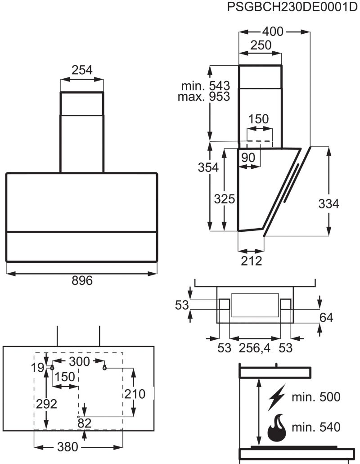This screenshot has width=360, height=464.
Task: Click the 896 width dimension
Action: coord(82,280)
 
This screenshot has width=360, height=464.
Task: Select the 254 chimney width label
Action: coord(82,70)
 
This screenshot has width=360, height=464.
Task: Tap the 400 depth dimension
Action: coord(273,32)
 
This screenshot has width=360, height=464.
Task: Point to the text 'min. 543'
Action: coord(206,86)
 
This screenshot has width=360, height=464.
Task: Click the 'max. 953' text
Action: coord(204,96)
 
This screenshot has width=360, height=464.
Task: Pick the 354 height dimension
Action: coord(208,167)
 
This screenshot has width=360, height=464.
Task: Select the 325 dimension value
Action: coord(225,199)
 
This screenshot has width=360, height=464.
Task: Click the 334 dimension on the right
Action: coord(328,203)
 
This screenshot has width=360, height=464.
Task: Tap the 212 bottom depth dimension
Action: coord(252,261)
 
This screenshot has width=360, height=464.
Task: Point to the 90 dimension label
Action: coord(248,158)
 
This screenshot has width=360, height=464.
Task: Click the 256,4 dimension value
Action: coord(254,348)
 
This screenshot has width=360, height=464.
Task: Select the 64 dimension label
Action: coord(326,318)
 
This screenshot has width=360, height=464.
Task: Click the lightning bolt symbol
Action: coord(277,397)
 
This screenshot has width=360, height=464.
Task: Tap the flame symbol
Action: coord(277,426)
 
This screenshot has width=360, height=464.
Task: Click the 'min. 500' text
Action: coord(316,397)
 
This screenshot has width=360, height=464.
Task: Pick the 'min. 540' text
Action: coord(316,427)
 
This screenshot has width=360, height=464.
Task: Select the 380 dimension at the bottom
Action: coord(67,447)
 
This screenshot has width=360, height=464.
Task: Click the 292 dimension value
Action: coord(46,404)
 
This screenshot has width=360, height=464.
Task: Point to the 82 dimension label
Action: coord(84,423)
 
